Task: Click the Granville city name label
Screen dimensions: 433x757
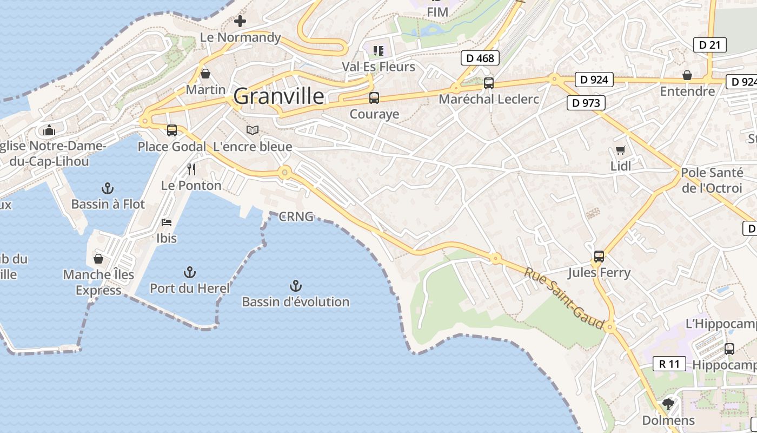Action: tap(279, 97)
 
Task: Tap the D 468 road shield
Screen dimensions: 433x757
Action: tap(480, 58)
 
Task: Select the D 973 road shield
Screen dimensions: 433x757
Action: tap(586, 102)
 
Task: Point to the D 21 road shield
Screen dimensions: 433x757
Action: tap(709, 45)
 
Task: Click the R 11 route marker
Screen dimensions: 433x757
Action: tap(669, 364)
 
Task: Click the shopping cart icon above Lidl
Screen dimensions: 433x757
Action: tap(620, 150)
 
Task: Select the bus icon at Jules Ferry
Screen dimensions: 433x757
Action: tap(599, 256)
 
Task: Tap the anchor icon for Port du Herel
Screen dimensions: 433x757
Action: tap(190, 272)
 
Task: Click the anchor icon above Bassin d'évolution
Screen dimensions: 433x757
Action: tap(295, 285)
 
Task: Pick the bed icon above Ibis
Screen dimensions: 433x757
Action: tap(167, 222)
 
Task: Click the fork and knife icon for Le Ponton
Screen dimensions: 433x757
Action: tap(191, 169)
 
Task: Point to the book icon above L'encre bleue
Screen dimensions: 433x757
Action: tap(253, 130)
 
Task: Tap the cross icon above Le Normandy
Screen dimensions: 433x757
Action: tap(240, 21)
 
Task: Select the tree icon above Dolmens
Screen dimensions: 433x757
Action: tap(668, 404)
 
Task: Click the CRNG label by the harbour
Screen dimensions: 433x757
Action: tap(296, 217)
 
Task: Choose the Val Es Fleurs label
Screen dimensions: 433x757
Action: tap(378, 67)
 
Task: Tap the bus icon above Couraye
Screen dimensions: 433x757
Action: tap(374, 98)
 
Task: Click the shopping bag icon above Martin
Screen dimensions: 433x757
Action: tap(205, 73)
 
